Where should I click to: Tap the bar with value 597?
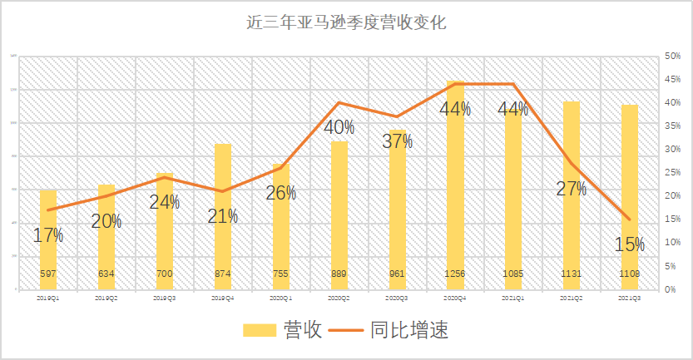pyautogui.click(x=48, y=241)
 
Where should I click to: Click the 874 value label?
pyautogui.click(x=223, y=274)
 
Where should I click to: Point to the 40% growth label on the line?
pyautogui.click(x=339, y=128)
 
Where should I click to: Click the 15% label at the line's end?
pyautogui.click(x=630, y=244)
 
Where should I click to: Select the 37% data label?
pyautogui.click(x=398, y=141)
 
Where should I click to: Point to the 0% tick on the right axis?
pyautogui.click(x=671, y=289)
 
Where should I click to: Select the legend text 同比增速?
pyautogui.click(x=413, y=330)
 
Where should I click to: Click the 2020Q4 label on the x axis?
pyautogui.click(x=456, y=297)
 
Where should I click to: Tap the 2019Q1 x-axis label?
pyautogui.click(x=48, y=297)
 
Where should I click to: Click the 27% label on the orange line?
pyautogui.click(x=572, y=189)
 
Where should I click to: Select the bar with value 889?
pyautogui.click(x=339, y=216)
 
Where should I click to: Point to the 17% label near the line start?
pyautogui.click(x=48, y=235)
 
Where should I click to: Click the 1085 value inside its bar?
pyautogui.click(x=513, y=274)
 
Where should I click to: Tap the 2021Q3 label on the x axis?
pyautogui.click(x=630, y=297)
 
